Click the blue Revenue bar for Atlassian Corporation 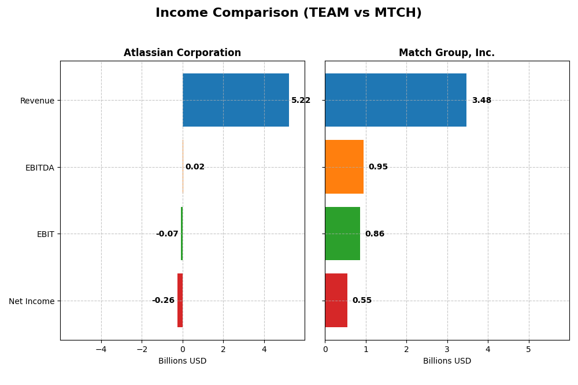point(235,100)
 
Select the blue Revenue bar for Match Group point(395,100)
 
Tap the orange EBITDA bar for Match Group point(344,166)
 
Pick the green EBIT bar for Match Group point(342,234)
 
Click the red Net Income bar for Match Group point(336,300)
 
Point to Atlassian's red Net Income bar point(180,300)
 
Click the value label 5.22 point(301,101)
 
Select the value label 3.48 point(481,101)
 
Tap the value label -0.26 point(163,301)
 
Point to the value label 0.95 point(378,167)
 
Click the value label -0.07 point(167,234)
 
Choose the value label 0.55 point(362,301)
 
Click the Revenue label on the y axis point(37,101)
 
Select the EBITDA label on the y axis point(39,168)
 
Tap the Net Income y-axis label point(31,301)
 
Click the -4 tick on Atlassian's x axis point(101,349)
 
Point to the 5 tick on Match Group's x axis point(528,349)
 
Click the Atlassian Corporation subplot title point(182,53)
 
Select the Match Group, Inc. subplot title point(447,53)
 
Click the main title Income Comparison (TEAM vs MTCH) point(288,13)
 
